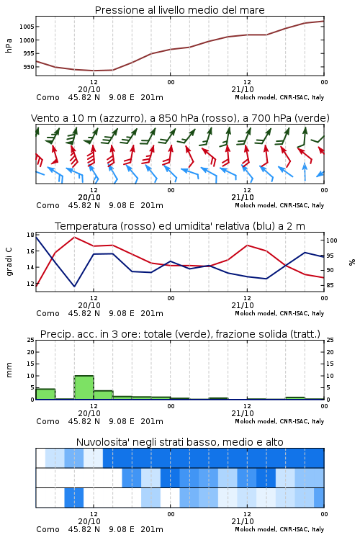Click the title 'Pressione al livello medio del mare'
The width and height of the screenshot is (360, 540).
click(x=179, y=10)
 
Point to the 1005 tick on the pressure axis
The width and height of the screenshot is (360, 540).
click(x=27, y=27)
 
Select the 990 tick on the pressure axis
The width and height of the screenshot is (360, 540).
click(x=29, y=67)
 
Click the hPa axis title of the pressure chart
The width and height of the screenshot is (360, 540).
click(x=9, y=45)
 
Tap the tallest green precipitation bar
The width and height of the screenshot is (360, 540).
click(x=84, y=387)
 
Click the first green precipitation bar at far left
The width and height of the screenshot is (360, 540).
click(x=45, y=394)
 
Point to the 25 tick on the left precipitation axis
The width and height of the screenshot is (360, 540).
click(x=31, y=340)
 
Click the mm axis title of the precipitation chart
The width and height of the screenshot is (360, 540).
click(x=9, y=370)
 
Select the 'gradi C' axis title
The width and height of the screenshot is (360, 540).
click(x=9, y=262)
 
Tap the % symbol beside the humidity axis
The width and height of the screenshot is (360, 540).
click(x=352, y=262)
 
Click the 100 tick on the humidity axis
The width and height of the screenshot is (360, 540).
click(x=332, y=240)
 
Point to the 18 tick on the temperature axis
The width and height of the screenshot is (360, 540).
click(x=31, y=235)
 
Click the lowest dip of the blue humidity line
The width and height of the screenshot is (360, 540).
click(x=74, y=286)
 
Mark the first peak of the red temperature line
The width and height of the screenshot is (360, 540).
click(x=74, y=237)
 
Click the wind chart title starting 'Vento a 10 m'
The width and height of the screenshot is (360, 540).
click(x=180, y=118)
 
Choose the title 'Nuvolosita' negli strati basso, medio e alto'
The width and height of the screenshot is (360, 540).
click(x=179, y=442)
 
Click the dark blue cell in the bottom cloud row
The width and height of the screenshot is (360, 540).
click(x=74, y=498)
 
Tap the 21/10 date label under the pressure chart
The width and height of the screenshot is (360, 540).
click(x=243, y=89)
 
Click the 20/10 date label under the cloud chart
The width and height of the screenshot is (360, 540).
click(x=89, y=521)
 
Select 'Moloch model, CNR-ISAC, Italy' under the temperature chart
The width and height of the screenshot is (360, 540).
click(x=279, y=313)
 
